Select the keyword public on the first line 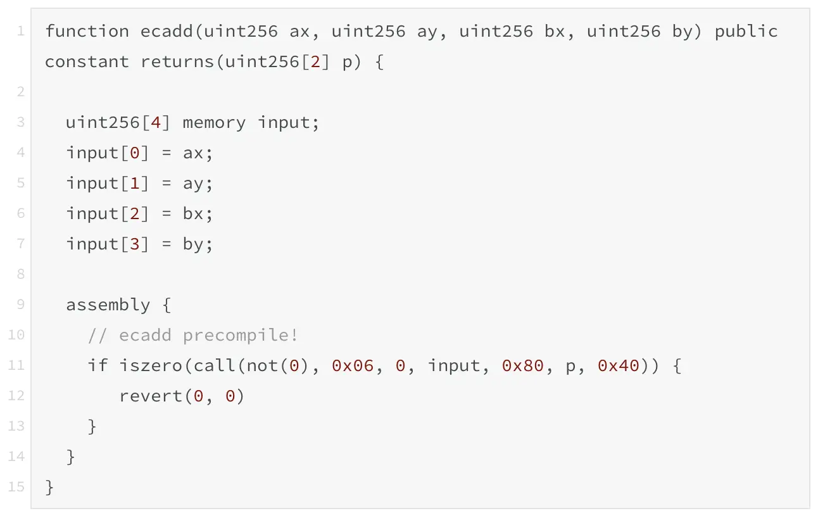pos(746,31)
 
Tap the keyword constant pos(87,61)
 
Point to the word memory pos(214,122)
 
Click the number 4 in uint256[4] pos(156,122)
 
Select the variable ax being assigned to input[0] pos(193,153)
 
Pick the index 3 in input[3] pos(134,244)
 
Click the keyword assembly pos(108,305)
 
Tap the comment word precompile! pos(241,335)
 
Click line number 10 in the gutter pos(16,335)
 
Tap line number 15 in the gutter pos(16,487)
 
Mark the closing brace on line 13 pos(92,426)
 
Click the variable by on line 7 pos(193,244)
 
